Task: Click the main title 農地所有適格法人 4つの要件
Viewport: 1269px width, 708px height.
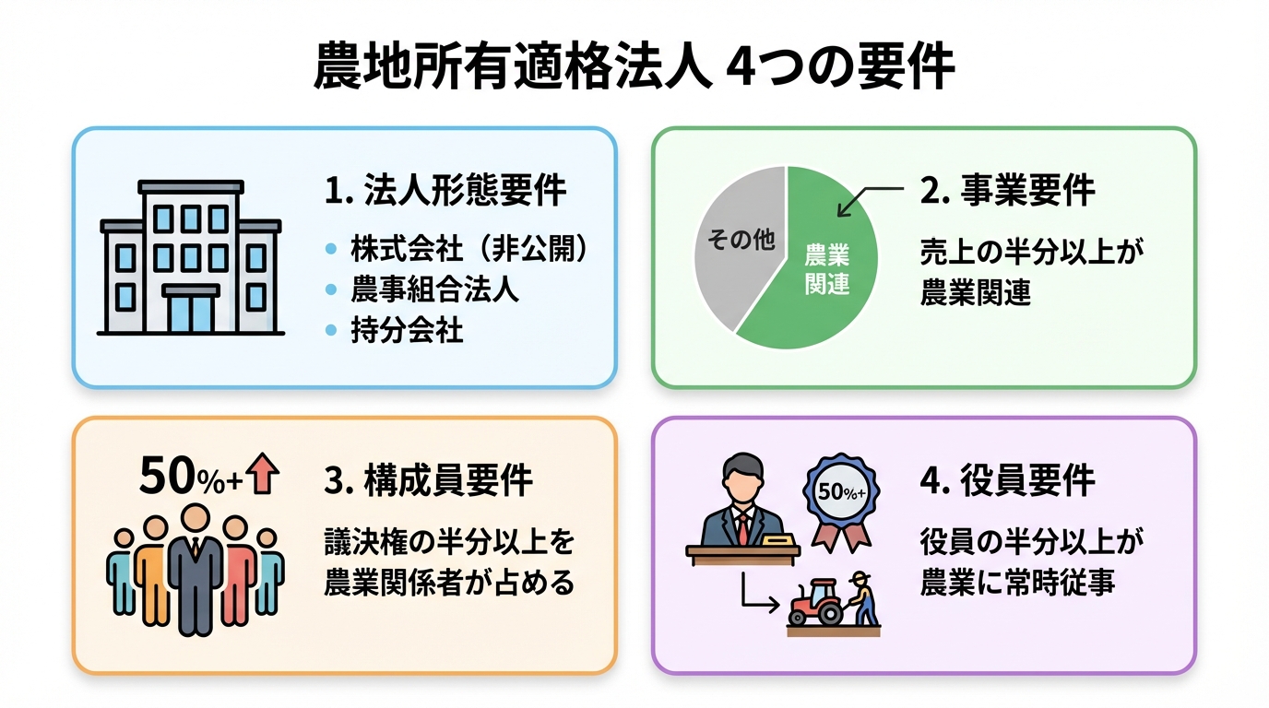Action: [x=634, y=66]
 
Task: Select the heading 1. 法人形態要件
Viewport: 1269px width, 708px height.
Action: [x=445, y=192]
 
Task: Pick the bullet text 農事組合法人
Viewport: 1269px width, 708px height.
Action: [x=434, y=289]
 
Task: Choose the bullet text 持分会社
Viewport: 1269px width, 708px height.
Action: [x=407, y=330]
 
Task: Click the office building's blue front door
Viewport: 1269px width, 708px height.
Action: [x=191, y=313]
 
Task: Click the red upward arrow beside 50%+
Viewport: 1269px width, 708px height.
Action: [x=264, y=474]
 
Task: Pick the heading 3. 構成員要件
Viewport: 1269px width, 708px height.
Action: [x=428, y=480]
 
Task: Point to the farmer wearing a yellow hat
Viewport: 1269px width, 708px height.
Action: [x=863, y=597]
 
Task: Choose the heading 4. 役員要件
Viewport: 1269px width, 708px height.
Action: [x=1007, y=480]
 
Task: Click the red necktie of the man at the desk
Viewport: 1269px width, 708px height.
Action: [x=742, y=527]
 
